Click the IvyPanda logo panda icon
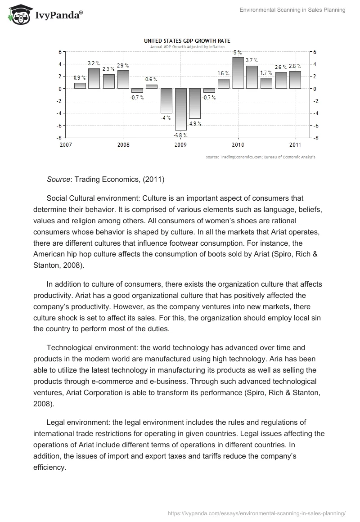click(x=17, y=15)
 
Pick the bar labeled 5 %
click(x=238, y=73)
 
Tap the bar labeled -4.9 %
click(x=195, y=103)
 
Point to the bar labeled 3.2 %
click(x=94, y=78)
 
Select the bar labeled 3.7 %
click(x=252, y=77)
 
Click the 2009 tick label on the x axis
click(x=180, y=145)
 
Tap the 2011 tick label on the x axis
click(x=295, y=145)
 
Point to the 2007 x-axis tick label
click(x=66, y=145)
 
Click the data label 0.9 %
click(x=80, y=78)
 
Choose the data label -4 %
click(x=166, y=118)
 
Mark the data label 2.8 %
click(x=295, y=66)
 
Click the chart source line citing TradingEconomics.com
click(x=261, y=157)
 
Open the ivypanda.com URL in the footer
click(x=256, y=513)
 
